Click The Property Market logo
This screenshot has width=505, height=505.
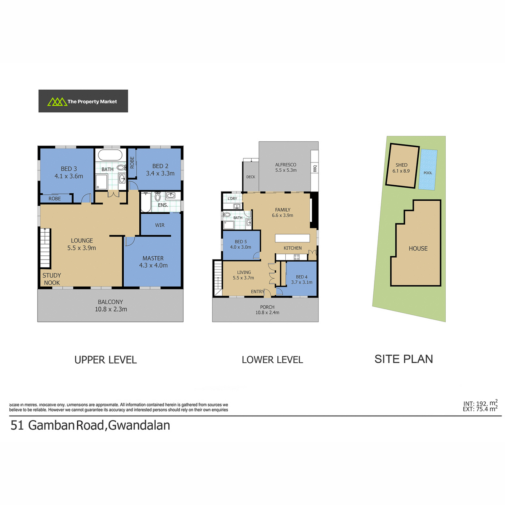click(83, 101)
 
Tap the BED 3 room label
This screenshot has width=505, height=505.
click(69, 169)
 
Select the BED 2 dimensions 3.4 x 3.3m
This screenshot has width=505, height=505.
click(160, 173)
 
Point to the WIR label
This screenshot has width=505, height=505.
click(159, 225)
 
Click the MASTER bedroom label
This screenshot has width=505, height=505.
click(153, 258)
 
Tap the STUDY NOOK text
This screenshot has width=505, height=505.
click(52, 279)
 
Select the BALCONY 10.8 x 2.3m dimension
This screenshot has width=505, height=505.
click(111, 309)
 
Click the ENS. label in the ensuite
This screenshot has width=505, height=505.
click(163, 205)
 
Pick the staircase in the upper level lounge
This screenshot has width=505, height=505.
click(45, 248)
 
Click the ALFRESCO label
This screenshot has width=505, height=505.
click(286, 165)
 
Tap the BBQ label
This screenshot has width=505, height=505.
click(315, 168)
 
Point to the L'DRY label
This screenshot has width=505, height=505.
click(232, 198)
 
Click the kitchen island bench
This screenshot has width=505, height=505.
click(292, 238)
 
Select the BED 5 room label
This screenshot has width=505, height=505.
click(241, 242)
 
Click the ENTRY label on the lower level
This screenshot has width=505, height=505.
click(258, 291)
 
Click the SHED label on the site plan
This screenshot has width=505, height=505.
click(401, 165)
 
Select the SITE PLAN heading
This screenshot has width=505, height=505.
click(404, 359)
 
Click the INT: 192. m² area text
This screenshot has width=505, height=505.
click(480, 403)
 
